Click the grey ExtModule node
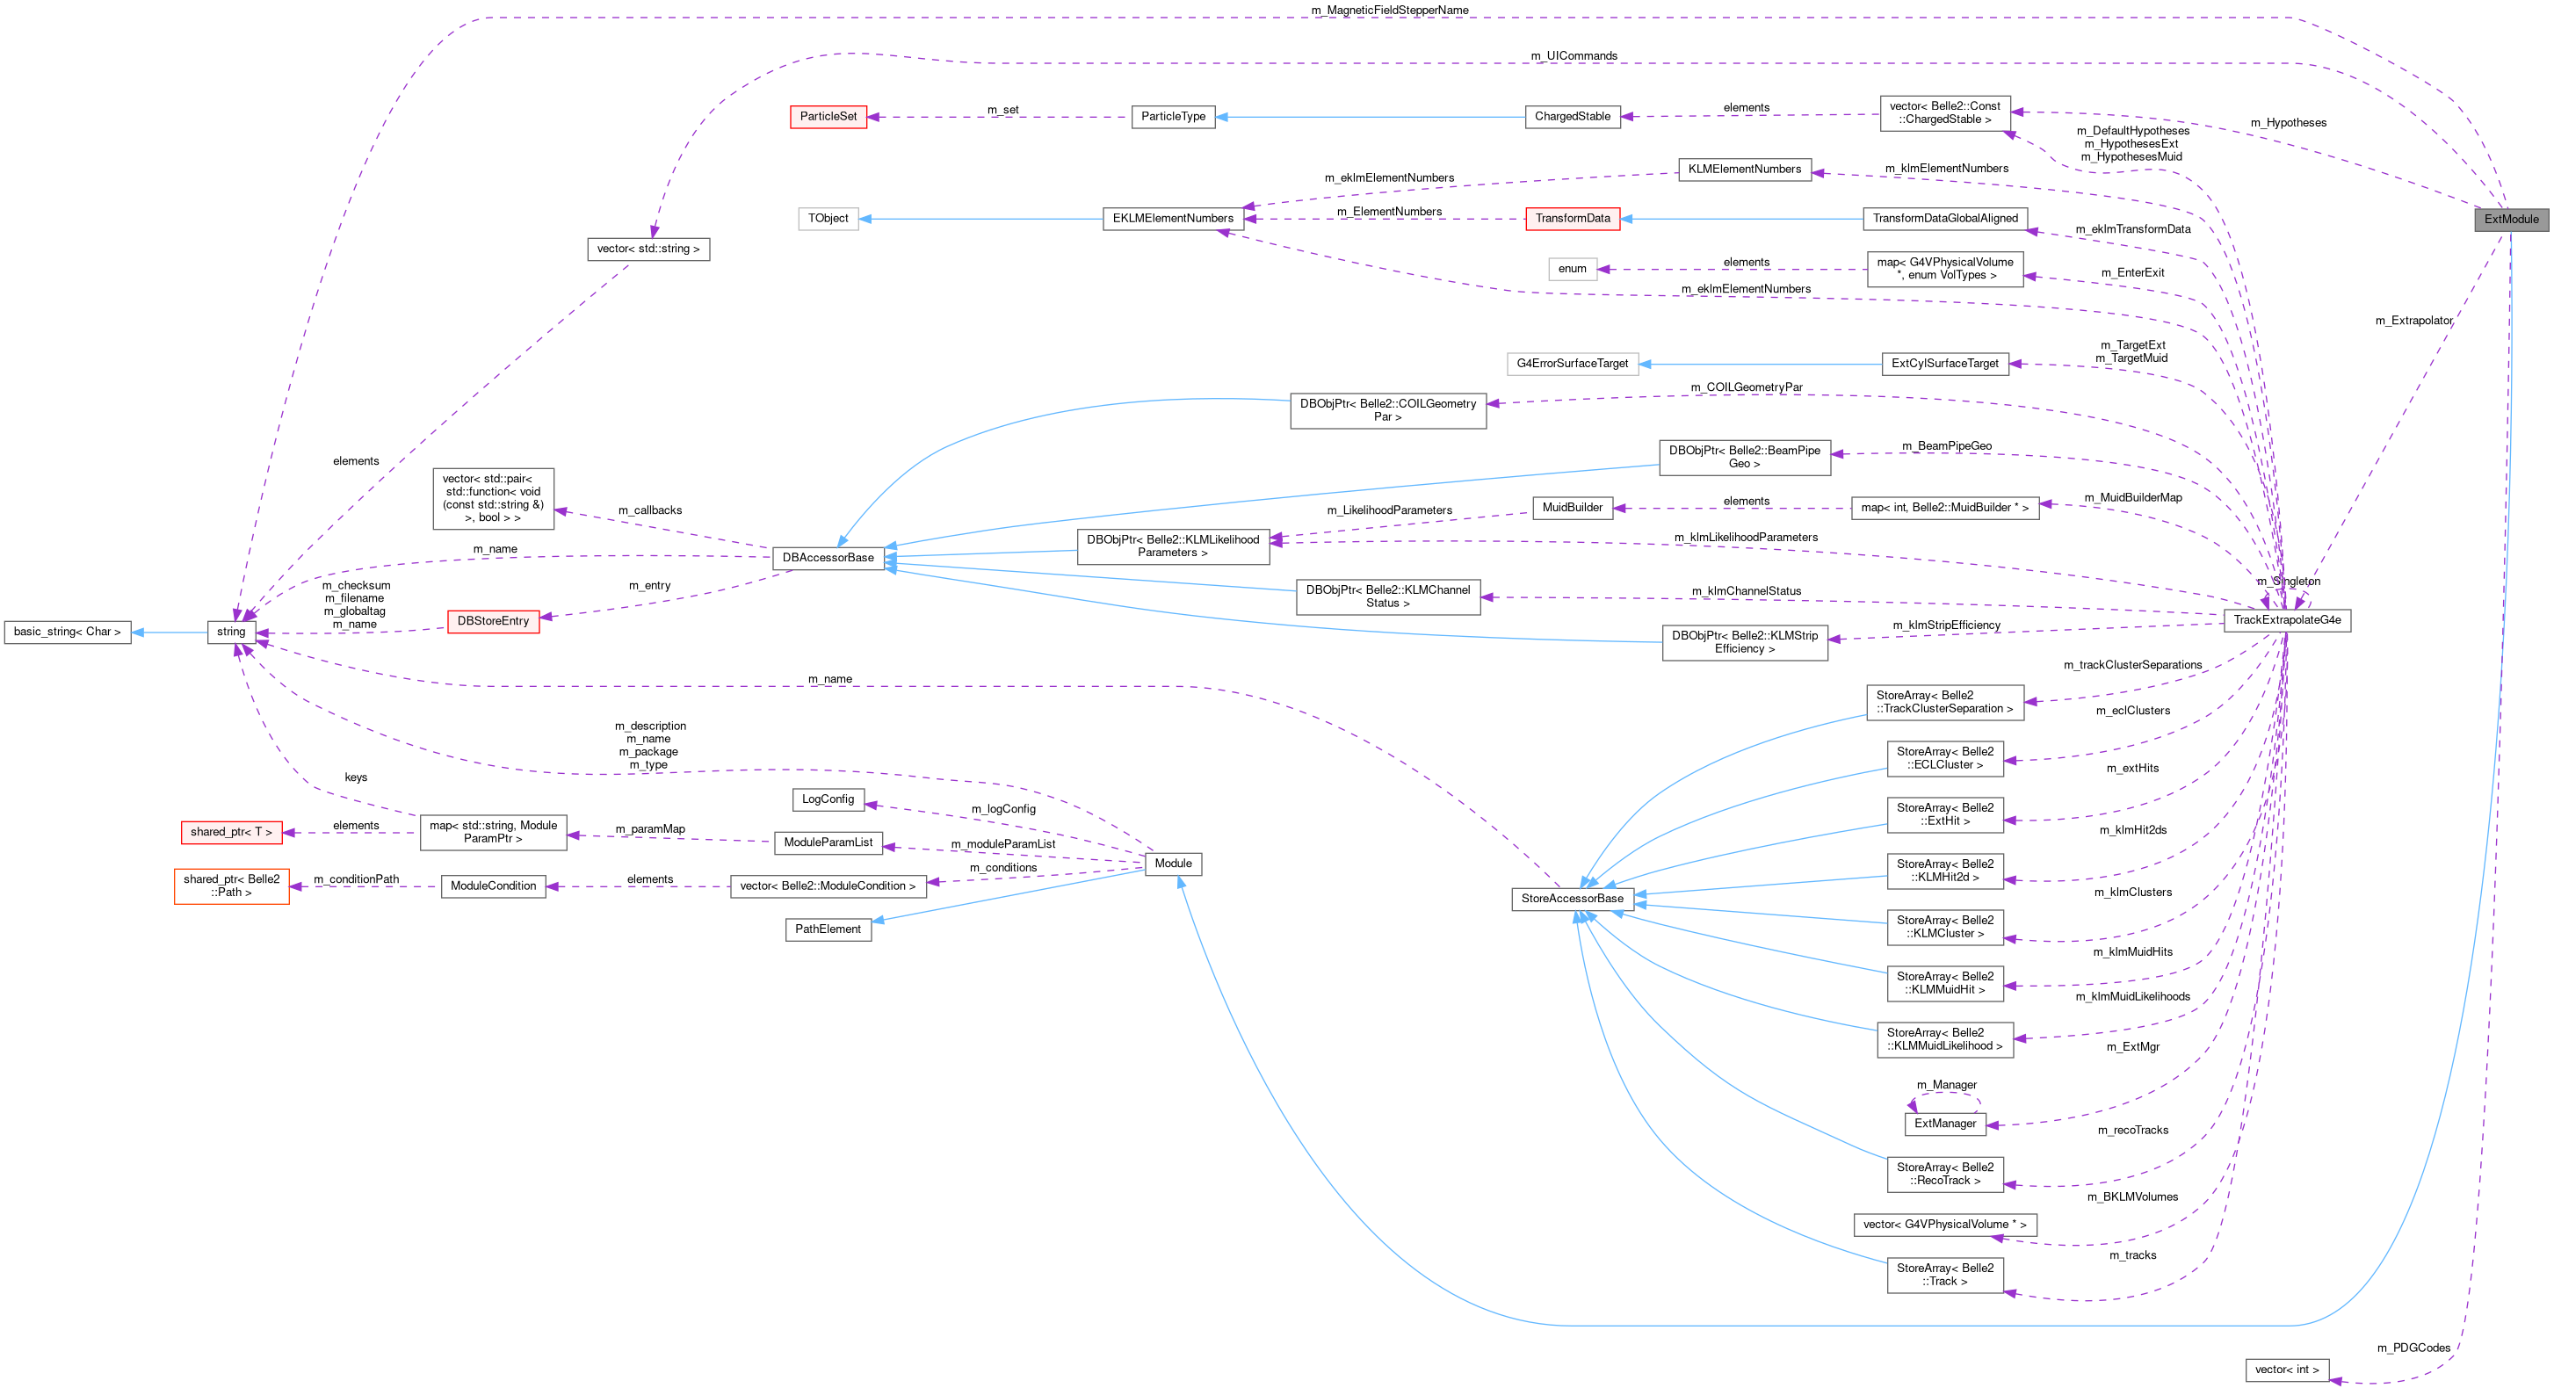2510,219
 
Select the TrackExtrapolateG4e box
2286,619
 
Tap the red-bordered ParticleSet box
828,116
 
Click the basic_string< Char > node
68,632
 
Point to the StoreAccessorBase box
1572,898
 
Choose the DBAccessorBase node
828,557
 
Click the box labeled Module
1173,864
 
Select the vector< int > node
2286,1370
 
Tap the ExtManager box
1944,1124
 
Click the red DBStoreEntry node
493,620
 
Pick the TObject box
828,218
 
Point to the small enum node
1573,269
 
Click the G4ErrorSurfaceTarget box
1572,363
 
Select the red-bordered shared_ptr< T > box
231,832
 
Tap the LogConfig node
828,799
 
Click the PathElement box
828,929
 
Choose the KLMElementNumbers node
1744,169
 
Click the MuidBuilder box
1572,508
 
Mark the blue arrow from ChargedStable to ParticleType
1368,116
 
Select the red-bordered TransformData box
1572,218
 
